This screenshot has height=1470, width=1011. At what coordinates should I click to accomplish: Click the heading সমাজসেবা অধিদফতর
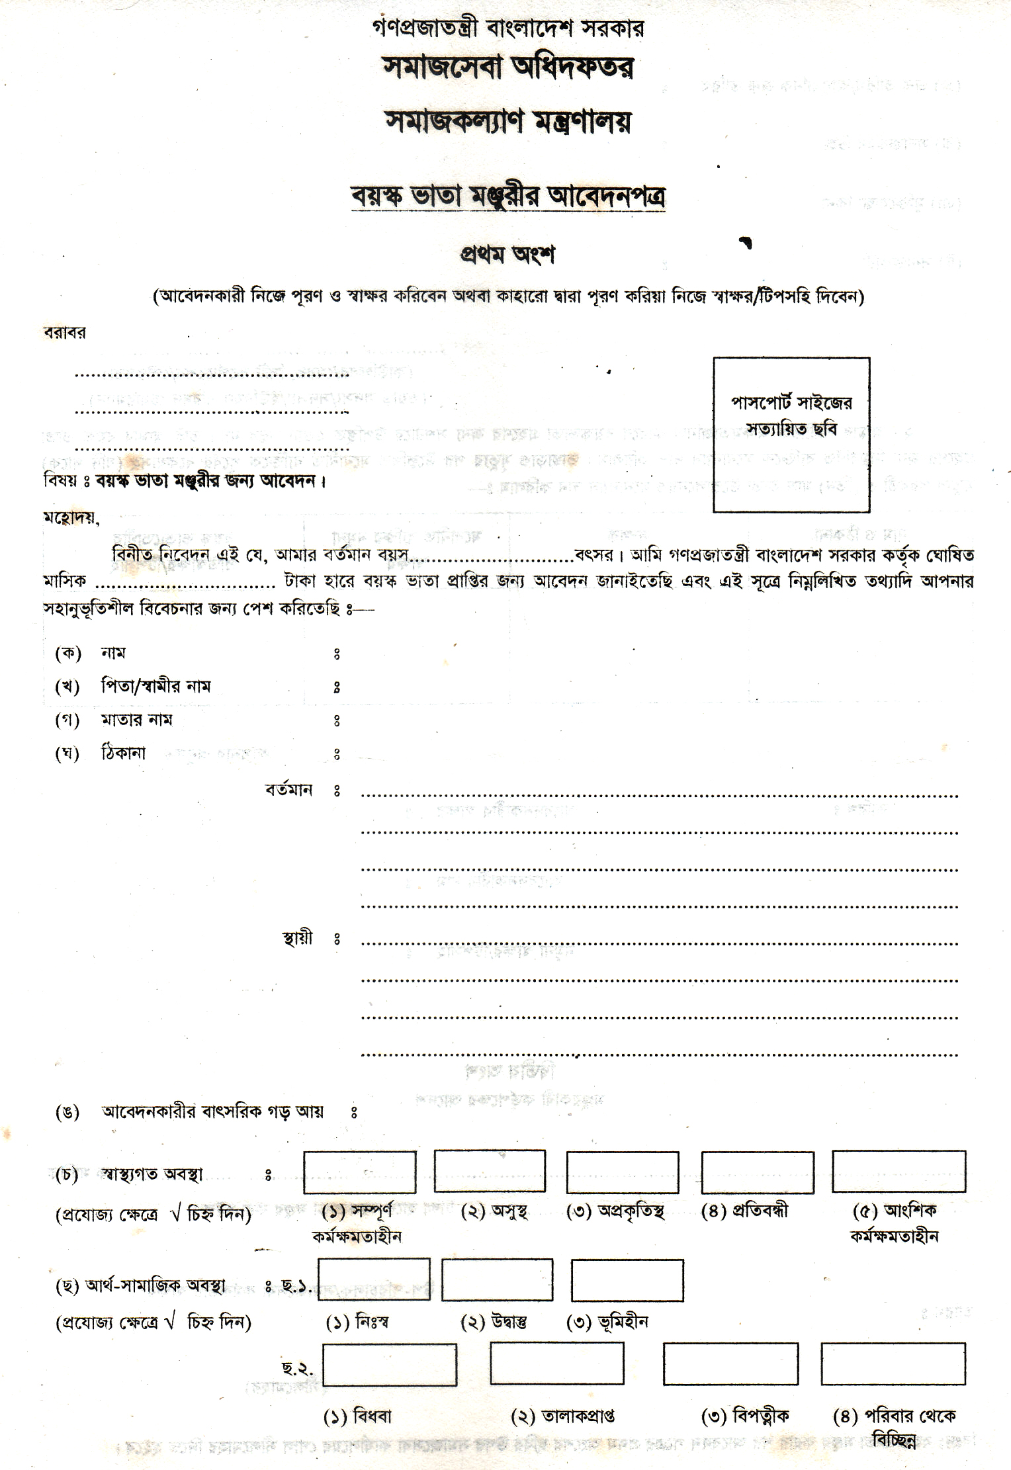[x=507, y=67]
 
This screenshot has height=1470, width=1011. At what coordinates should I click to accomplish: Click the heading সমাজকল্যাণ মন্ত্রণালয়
[x=507, y=121]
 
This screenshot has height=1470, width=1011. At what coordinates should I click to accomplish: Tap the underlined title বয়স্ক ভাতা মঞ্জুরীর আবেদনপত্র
[x=507, y=196]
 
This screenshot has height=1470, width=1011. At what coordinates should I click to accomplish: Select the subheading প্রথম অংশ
[x=507, y=255]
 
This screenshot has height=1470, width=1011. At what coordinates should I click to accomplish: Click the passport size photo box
[x=791, y=435]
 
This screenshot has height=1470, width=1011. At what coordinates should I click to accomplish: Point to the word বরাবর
[x=64, y=333]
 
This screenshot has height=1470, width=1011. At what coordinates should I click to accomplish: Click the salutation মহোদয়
[x=71, y=518]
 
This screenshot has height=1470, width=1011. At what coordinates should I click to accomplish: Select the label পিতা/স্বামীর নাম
[x=155, y=686]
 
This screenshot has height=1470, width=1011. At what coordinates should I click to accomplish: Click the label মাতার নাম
[x=136, y=720]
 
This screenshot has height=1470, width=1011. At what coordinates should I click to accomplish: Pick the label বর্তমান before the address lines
[x=288, y=790]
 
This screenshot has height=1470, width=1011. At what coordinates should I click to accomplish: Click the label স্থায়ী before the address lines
[x=297, y=938]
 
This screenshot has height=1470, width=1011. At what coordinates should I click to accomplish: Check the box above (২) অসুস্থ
[x=490, y=1172]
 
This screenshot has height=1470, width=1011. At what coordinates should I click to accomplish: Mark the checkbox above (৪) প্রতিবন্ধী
[x=757, y=1172]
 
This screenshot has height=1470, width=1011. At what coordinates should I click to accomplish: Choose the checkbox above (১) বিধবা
[x=390, y=1364]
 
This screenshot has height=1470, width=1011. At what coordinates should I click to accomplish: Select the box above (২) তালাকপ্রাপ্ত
[x=556, y=1363]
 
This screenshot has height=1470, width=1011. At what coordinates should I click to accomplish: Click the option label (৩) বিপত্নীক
[x=744, y=1416]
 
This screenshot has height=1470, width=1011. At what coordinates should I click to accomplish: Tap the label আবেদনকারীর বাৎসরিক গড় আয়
[x=212, y=1111]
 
